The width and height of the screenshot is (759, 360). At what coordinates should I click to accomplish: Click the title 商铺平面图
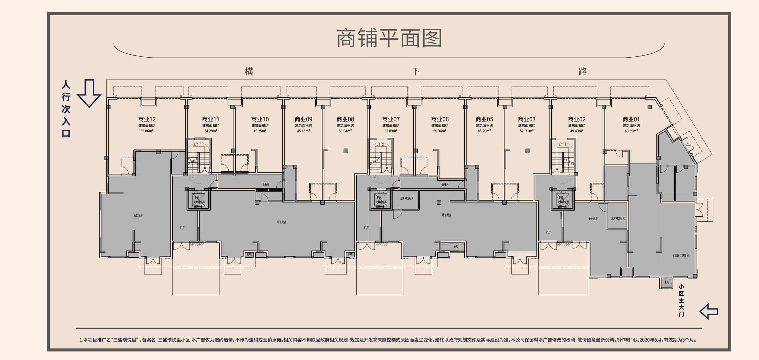[x=389, y=38]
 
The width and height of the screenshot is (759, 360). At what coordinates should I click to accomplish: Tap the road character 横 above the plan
[x=249, y=71]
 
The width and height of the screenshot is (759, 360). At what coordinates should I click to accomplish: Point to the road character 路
[x=582, y=71]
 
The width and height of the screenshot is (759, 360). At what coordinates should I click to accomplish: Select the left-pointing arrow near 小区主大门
[x=709, y=311]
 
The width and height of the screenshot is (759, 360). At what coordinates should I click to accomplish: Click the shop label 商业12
[x=147, y=119]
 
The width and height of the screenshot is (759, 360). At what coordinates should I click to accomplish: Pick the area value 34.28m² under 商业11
[x=211, y=131]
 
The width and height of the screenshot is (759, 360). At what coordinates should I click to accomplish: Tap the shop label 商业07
[x=391, y=119]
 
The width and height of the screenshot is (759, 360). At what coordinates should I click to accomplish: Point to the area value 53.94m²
[x=345, y=131]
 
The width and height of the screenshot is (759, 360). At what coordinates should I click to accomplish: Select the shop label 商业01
[x=631, y=119]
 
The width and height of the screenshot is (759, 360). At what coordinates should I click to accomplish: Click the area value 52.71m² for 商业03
[x=527, y=131]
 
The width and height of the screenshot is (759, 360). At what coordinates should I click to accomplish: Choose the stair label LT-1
[x=198, y=145]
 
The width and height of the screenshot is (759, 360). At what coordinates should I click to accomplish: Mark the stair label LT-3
[x=563, y=145]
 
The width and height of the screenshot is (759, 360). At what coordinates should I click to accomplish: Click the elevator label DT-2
[x=380, y=193]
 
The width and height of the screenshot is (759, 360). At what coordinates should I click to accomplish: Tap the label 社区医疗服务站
[x=680, y=255]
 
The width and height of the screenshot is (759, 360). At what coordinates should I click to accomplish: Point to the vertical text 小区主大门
[x=681, y=300]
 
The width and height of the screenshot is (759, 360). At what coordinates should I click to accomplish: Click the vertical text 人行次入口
[x=66, y=109]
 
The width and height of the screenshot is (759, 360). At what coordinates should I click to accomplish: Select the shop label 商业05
[x=484, y=119]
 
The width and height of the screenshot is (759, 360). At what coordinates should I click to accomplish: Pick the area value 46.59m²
[x=631, y=131]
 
